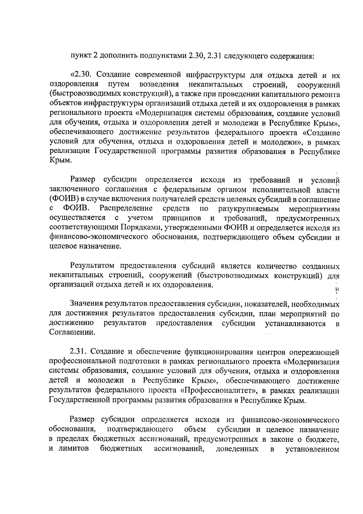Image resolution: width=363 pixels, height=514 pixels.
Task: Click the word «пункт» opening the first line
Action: pos(80,56)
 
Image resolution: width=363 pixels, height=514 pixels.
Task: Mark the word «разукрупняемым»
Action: pos(244,209)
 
